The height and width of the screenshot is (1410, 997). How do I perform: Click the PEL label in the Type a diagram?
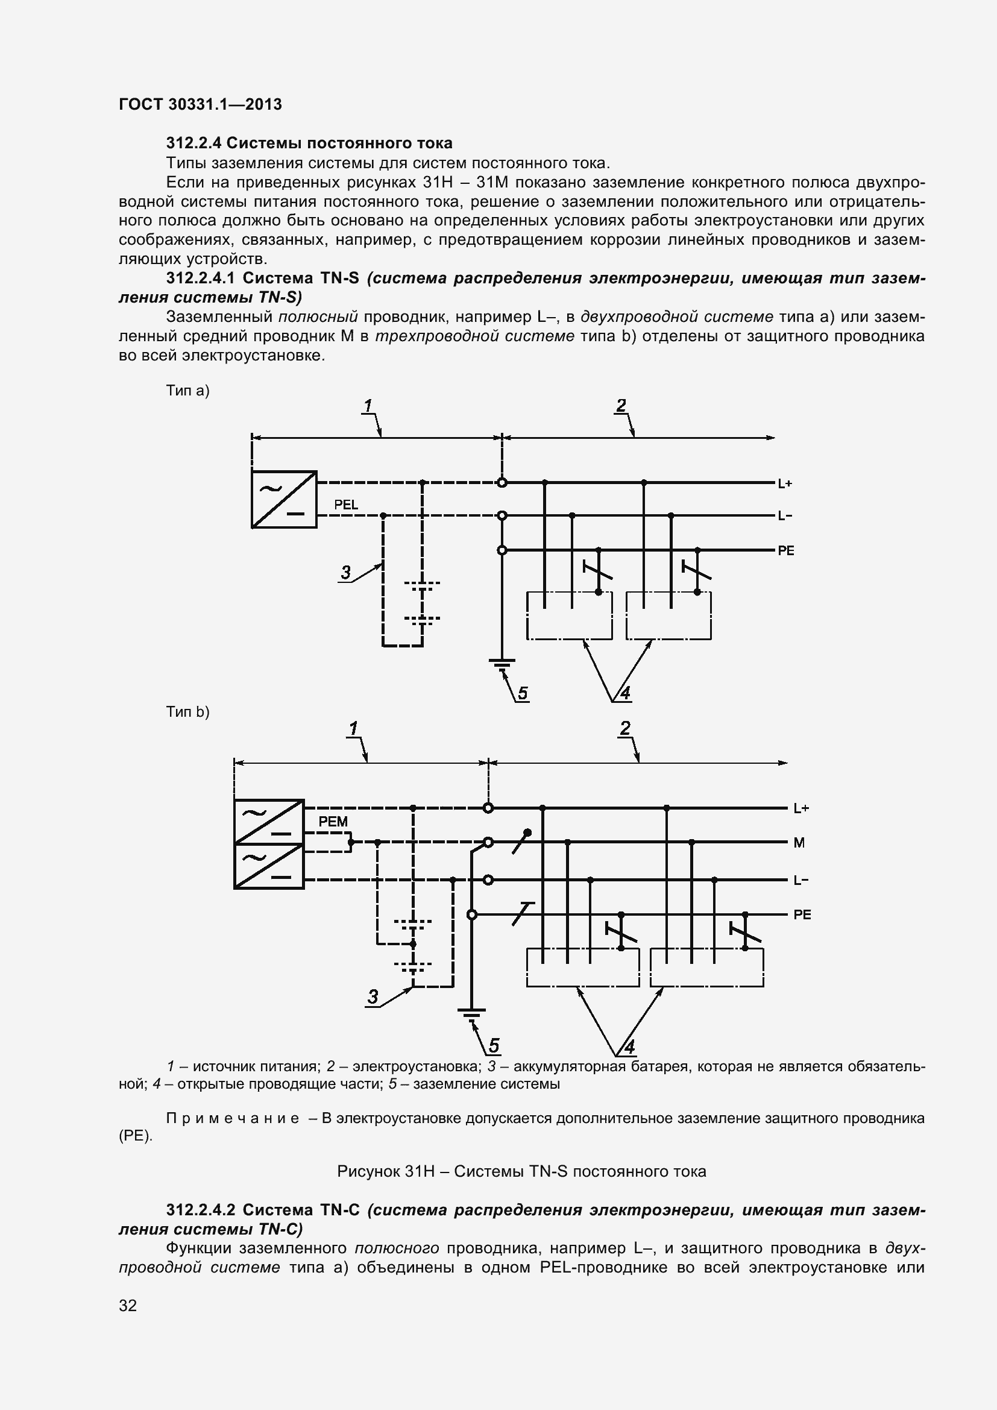pos(345,504)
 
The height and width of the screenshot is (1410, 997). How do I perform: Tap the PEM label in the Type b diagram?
pos(333,822)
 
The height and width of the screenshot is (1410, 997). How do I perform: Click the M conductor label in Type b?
pos(799,843)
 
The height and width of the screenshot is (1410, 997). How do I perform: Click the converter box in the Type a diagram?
pos(285,499)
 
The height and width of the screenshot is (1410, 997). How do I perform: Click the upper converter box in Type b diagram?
pos(269,822)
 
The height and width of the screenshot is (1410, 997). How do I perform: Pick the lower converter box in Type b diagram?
pos(269,866)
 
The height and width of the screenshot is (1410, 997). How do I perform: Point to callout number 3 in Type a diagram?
pos(345,573)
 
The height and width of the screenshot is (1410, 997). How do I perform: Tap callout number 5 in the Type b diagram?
pos(494,1046)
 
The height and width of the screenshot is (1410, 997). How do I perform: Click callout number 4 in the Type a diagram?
pos(625,694)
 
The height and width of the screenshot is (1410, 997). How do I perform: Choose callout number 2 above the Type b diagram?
pos(625,729)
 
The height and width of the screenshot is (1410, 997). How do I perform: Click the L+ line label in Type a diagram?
pos(785,483)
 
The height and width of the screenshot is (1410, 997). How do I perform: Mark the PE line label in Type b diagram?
pos(802,915)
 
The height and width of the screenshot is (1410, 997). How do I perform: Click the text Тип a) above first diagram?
pos(188,391)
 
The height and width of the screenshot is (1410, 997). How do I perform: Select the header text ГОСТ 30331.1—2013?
pos(200,104)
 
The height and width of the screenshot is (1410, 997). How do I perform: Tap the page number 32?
pos(128,1322)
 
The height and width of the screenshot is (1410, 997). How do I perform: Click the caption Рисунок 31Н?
pos(521,1172)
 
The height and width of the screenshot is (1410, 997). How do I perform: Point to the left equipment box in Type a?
pos(569,616)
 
